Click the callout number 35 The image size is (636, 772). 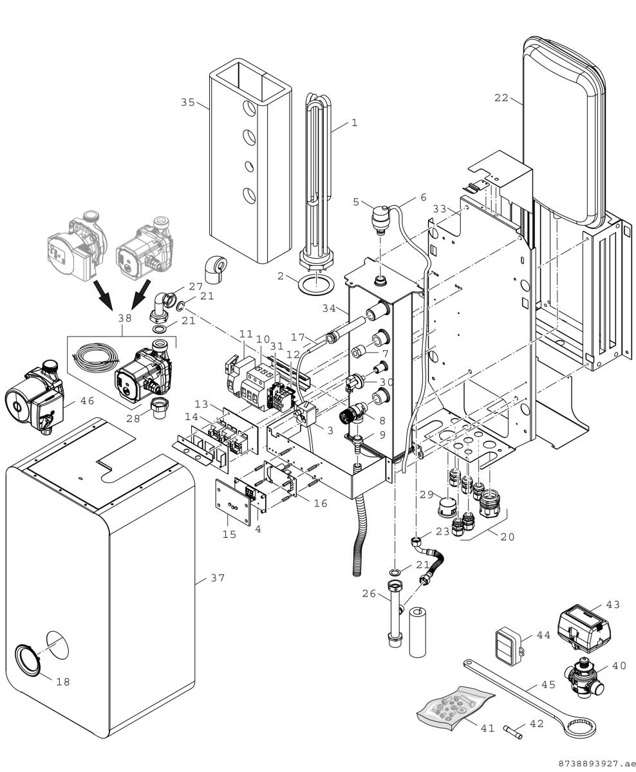pos(187,102)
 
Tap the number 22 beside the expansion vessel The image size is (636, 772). pos(501,98)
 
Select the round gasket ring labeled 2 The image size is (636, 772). pos(314,282)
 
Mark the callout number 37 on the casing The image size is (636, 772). pos(218,578)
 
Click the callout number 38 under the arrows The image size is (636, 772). pos(124,318)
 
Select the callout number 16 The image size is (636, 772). pos(320,503)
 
